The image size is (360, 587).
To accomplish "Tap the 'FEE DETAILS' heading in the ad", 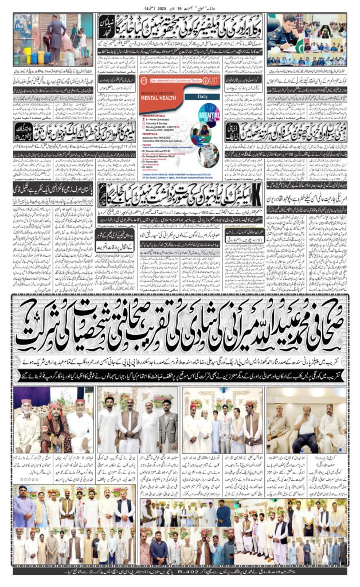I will pos(151,134).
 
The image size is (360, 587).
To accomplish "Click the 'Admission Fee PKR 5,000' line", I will pos(161,138).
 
